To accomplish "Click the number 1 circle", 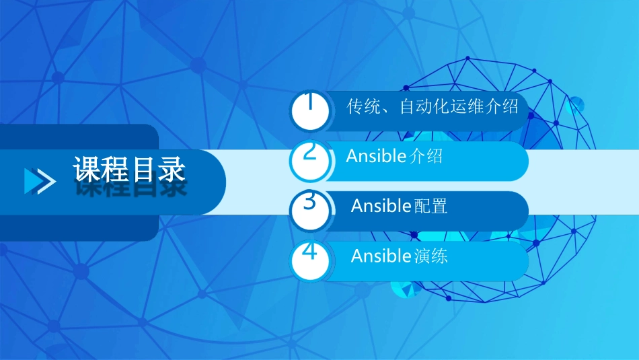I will pyautogui.click(x=310, y=110).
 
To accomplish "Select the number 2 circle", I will pyautogui.click(x=310, y=160).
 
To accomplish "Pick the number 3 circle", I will pyautogui.click(x=310, y=210).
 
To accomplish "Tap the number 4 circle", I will pyautogui.click(x=310, y=260).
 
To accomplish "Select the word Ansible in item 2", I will pyautogui.click(x=376, y=156).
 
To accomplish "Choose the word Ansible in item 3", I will pyautogui.click(x=381, y=206).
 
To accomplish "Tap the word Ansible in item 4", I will pyautogui.click(x=381, y=256).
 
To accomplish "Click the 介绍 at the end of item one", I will pyautogui.click(x=502, y=106).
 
